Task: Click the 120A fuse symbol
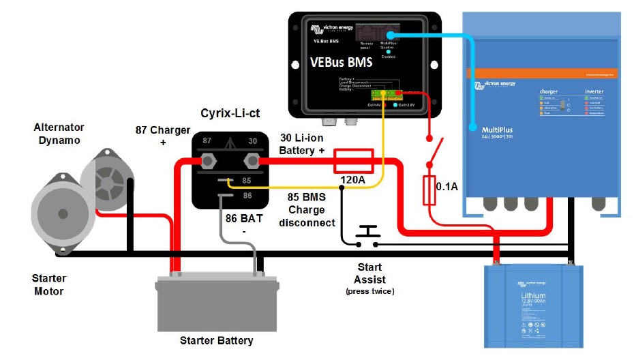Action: pos(352,162)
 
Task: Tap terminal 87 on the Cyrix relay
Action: pos(209,161)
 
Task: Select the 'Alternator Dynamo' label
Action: pos(59,134)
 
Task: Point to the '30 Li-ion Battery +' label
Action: pos(302,143)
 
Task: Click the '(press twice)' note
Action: pos(369,291)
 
